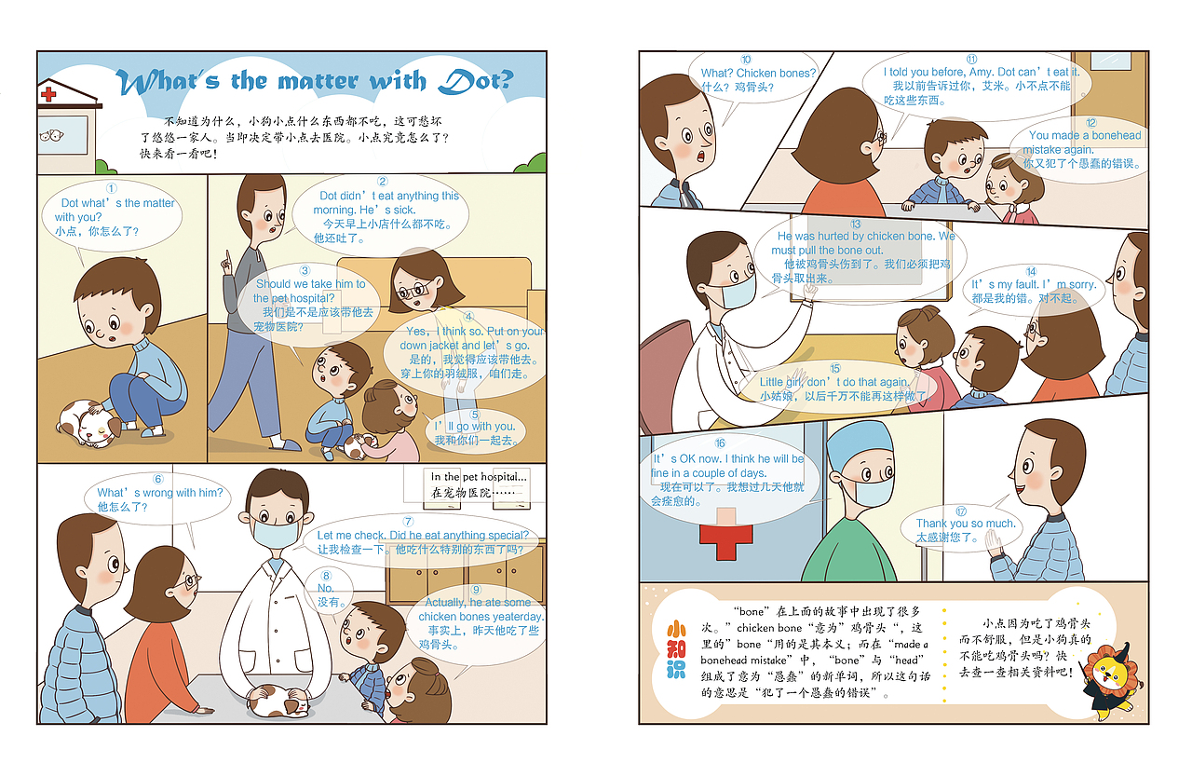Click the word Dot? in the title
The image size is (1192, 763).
(476, 81)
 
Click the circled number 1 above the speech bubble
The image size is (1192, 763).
(112, 188)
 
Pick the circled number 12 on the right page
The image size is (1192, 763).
(1090, 122)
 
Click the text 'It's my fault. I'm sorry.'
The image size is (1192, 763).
(1033, 284)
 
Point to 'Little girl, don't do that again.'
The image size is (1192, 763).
(833, 382)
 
